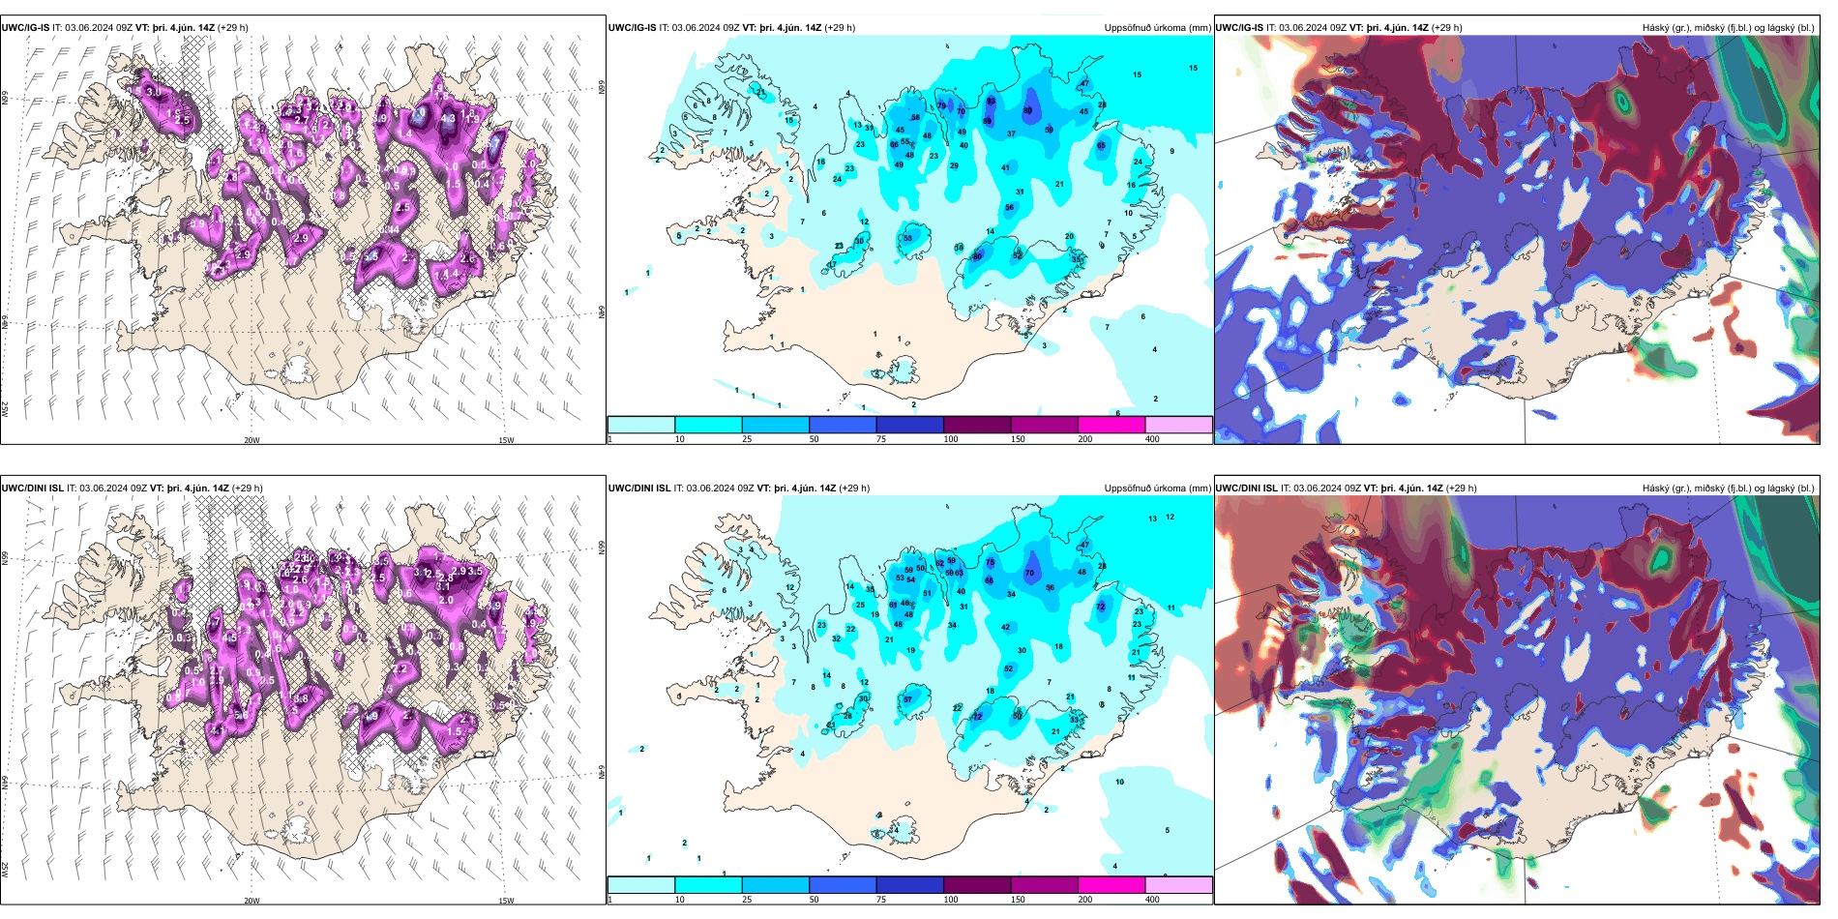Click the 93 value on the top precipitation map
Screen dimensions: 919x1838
pos(991,101)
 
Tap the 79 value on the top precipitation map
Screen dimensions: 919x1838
pos(941,105)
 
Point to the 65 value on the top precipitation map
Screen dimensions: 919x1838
pos(1101,145)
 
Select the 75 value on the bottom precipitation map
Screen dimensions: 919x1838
pos(990,562)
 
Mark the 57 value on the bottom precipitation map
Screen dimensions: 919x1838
pos(907,699)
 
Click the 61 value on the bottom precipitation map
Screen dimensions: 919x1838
pos(893,606)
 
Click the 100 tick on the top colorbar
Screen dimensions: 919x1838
pos(951,439)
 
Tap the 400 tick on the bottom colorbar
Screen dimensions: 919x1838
pos(1152,900)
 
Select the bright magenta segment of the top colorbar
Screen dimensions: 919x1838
pos(1111,425)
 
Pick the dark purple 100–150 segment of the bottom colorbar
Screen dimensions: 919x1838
pos(976,885)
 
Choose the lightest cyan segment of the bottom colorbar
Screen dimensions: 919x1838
pos(640,885)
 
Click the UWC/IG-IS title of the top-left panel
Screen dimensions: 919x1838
pos(25,27)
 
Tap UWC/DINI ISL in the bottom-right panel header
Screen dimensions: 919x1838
pos(1246,488)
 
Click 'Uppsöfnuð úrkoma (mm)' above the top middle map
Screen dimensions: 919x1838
pos(1157,27)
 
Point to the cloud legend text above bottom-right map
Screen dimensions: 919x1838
pos(1728,488)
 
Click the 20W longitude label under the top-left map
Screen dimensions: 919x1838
pos(252,440)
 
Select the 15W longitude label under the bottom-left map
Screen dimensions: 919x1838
pos(506,901)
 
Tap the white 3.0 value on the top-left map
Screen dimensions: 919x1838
pos(153,92)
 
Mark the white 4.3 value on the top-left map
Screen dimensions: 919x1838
pos(448,119)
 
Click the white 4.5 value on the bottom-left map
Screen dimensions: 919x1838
pos(229,638)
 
